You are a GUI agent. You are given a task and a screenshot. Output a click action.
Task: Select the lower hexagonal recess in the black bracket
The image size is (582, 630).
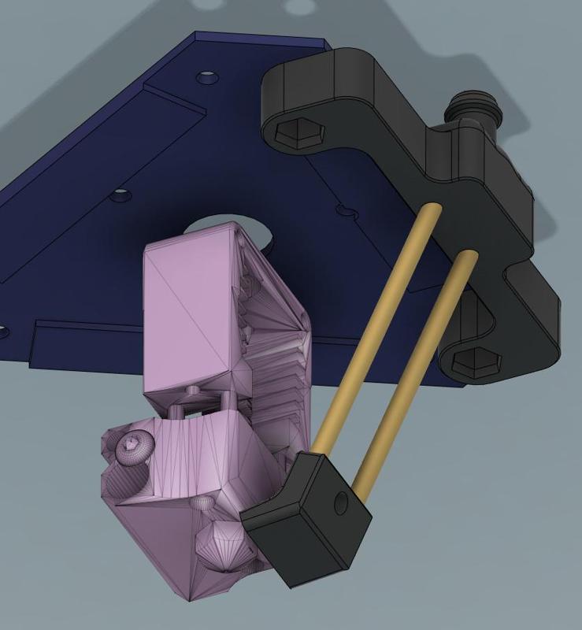pos(477,360)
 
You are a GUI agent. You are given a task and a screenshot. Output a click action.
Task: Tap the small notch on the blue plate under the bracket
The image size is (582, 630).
pos(342,210)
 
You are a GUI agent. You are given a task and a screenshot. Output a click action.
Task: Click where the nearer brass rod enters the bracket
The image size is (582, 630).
pos(434,208)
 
